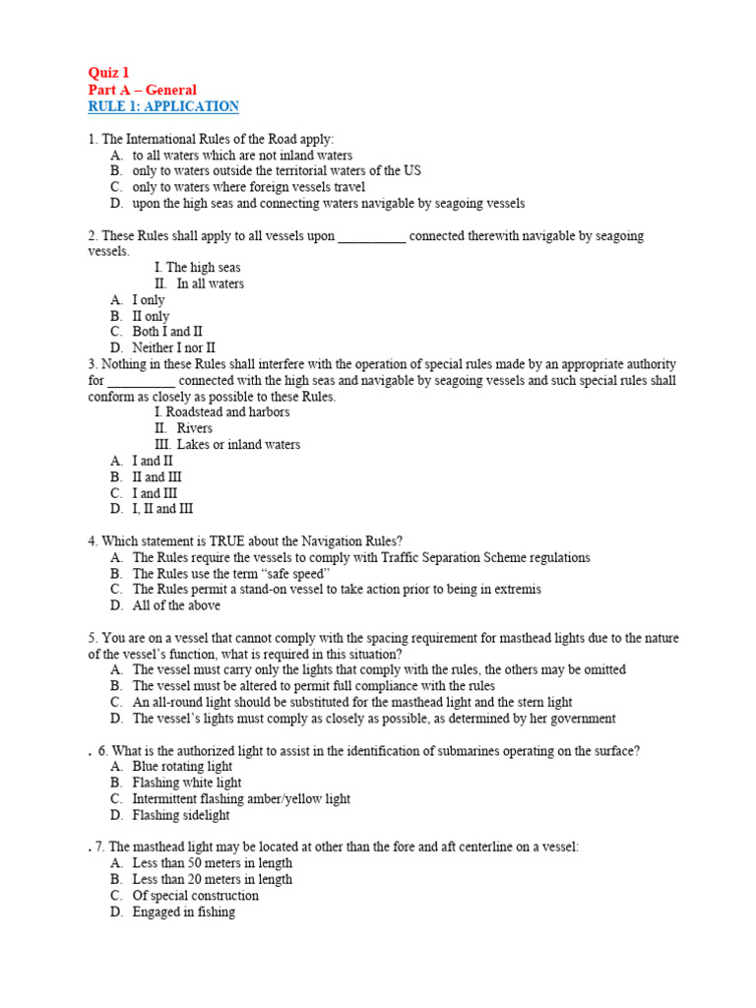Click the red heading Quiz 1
(x=108, y=73)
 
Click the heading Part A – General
(x=143, y=90)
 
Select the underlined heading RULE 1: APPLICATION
(x=163, y=106)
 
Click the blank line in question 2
(x=371, y=237)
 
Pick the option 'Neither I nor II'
(x=173, y=347)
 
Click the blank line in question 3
(x=141, y=381)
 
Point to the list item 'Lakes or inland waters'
(x=238, y=445)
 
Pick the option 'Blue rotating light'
(x=182, y=766)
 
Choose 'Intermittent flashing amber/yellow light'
(x=241, y=798)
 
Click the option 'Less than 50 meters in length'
(x=212, y=863)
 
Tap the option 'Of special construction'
(x=195, y=896)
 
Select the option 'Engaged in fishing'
(x=183, y=912)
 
